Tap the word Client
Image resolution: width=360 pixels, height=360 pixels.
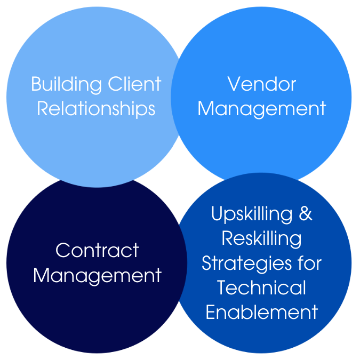134,84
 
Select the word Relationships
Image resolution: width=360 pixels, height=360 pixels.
96,109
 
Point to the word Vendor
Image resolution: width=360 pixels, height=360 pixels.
262,84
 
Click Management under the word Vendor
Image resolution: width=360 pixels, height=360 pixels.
262,109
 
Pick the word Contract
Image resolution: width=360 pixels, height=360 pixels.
97,251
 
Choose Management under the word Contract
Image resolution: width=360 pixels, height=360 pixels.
97,276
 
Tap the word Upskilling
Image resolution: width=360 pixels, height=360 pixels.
252,214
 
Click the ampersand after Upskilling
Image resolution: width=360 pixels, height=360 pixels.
306,214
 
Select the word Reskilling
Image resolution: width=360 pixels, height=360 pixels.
261,239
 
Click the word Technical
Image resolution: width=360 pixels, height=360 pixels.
262,288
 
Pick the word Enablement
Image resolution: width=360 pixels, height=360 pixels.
262,313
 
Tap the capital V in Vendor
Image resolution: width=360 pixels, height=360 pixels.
233,84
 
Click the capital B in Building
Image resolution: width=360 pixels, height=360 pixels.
36,84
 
